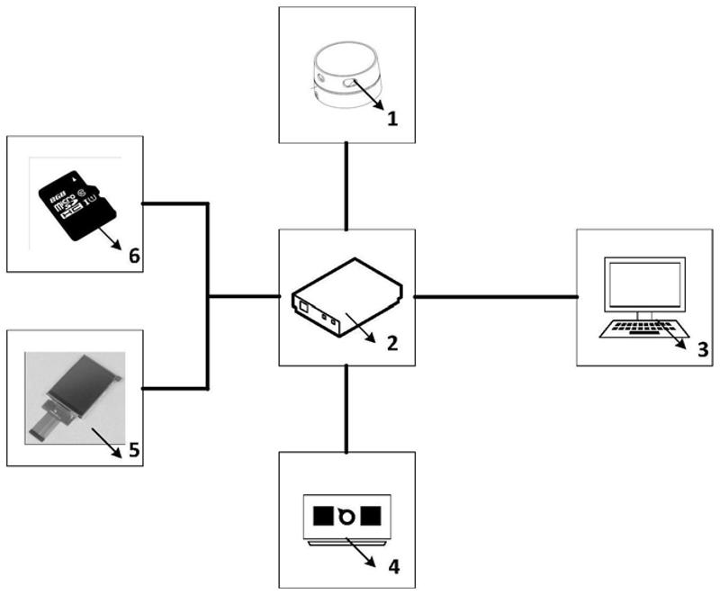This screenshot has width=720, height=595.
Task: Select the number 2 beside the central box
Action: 392,343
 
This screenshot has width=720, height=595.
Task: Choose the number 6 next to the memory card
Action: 134,256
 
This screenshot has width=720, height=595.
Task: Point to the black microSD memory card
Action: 79,203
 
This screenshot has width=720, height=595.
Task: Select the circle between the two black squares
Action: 346,516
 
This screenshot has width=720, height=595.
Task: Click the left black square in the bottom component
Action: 321,515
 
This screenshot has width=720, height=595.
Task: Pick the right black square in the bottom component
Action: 371,515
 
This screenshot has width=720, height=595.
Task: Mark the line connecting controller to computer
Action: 495,295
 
